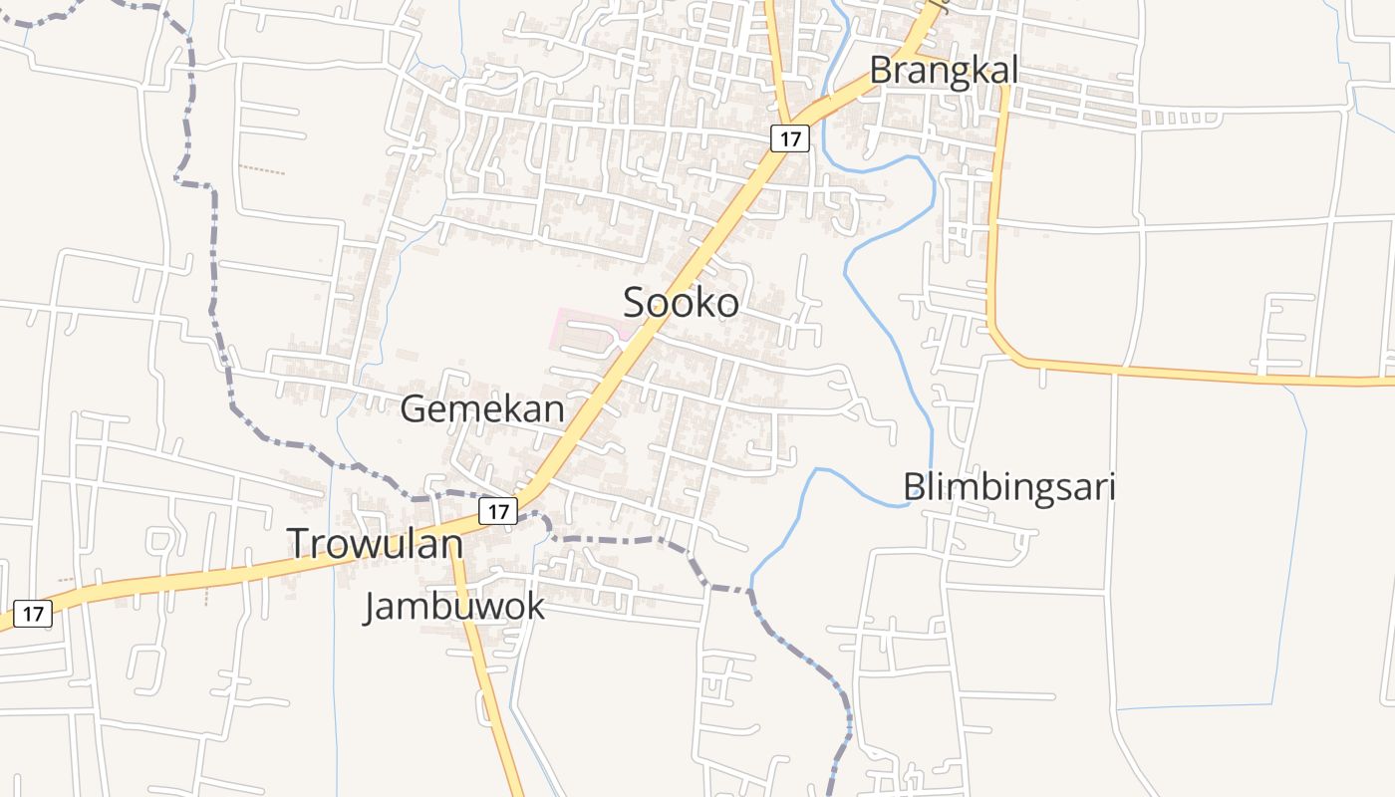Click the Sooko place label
coord(682,303)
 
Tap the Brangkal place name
coord(944,71)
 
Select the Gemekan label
coord(482,408)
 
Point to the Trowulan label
coord(376,543)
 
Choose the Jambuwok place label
coord(454,606)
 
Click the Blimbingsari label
coord(1008,487)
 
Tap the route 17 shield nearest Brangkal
coord(789,138)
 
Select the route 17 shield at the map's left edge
coord(33,614)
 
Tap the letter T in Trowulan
coord(300,543)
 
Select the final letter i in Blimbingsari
coord(1110,487)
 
